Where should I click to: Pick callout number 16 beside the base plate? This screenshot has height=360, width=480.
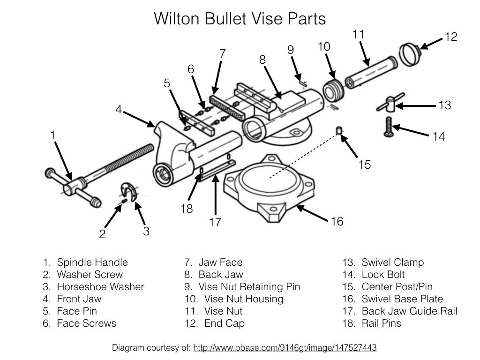point(337,221)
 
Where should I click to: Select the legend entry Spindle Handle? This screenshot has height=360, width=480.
point(92,262)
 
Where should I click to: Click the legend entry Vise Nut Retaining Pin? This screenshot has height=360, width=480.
point(249,287)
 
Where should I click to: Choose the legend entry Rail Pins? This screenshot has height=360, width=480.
point(381,323)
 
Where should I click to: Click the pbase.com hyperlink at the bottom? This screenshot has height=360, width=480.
point(285,348)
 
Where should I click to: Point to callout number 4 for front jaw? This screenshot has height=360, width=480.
point(119,110)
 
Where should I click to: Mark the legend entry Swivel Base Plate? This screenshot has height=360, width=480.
point(402,299)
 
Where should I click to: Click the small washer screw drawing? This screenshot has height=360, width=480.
point(124,201)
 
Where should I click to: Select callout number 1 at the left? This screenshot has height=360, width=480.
point(53,135)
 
